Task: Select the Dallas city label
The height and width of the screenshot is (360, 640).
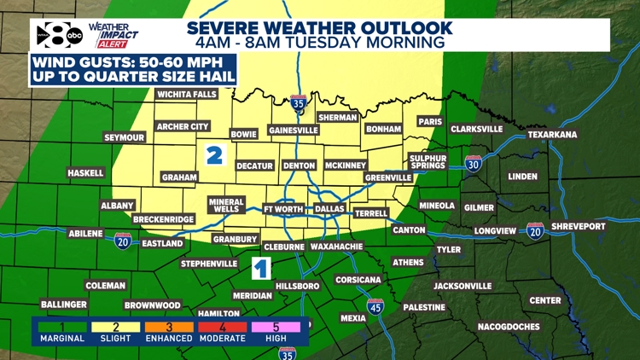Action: (329, 209)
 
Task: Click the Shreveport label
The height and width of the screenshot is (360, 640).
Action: (578, 226)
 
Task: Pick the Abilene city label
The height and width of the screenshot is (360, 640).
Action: (85, 233)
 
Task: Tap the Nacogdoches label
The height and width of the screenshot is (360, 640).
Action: (509, 326)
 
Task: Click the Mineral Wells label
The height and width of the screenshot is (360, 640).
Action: (226, 206)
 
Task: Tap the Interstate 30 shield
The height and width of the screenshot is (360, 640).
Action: (474, 163)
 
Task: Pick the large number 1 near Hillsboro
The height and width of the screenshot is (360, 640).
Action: (261, 270)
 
